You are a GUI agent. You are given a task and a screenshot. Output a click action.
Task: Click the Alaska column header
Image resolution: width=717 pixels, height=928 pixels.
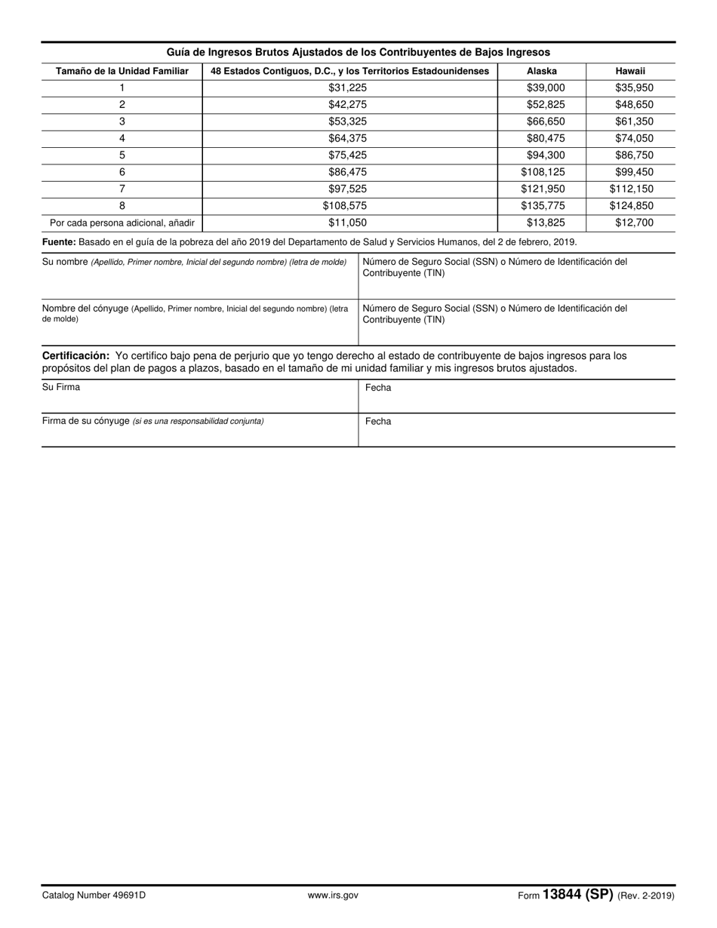(x=541, y=71)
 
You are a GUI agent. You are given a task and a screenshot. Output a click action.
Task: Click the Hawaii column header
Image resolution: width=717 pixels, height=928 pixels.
(x=630, y=71)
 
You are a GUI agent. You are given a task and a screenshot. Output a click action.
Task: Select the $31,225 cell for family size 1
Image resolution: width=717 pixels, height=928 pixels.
(x=348, y=88)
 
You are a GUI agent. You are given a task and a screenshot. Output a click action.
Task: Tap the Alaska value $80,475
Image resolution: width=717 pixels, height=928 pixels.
(x=546, y=138)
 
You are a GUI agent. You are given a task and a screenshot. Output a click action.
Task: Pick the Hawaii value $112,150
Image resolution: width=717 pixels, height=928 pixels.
(x=632, y=189)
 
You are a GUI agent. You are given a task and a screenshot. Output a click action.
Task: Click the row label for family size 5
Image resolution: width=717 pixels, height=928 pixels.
(x=122, y=155)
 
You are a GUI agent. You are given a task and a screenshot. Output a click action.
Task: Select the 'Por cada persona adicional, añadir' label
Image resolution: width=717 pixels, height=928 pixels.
(x=122, y=223)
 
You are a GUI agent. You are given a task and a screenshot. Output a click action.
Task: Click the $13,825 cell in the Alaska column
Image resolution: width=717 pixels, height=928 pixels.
(x=546, y=223)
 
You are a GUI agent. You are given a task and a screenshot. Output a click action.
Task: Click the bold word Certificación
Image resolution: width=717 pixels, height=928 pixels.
(x=75, y=355)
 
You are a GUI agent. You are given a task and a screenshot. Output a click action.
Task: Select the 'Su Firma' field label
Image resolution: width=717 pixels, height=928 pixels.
(x=61, y=387)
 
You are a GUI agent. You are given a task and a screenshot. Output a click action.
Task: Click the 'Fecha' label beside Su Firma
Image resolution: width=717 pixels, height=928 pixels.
(x=378, y=388)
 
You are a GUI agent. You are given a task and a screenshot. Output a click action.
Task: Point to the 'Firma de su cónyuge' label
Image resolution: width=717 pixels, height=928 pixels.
(x=86, y=421)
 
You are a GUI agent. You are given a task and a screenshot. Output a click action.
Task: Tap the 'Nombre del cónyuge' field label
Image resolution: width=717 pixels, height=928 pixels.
(x=85, y=309)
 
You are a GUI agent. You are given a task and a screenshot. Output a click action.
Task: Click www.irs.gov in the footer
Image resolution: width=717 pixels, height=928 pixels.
(x=333, y=896)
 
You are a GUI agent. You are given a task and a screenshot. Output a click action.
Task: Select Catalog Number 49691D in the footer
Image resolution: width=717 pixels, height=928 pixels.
(x=94, y=896)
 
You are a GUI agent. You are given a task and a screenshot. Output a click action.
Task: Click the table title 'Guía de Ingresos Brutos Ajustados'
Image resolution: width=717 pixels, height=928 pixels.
(x=358, y=52)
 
